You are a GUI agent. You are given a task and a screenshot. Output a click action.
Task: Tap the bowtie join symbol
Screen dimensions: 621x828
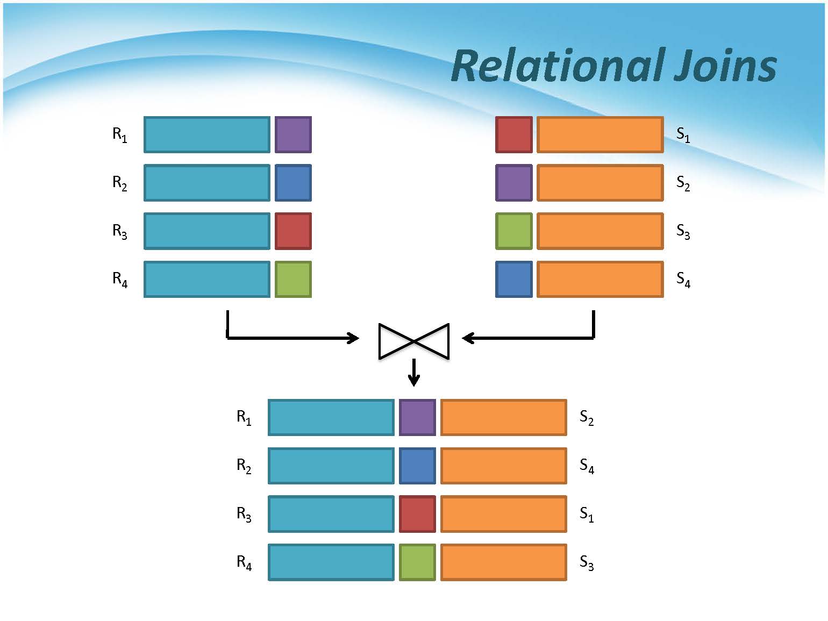click(x=413, y=341)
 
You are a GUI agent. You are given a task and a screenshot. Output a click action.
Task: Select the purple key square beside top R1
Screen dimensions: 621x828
click(x=293, y=134)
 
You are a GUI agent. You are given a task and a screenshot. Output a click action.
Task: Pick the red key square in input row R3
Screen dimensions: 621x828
click(x=293, y=231)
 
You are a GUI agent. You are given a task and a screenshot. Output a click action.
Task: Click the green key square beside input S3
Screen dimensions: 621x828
click(x=514, y=231)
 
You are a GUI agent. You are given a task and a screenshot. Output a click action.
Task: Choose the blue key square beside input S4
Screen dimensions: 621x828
click(x=514, y=279)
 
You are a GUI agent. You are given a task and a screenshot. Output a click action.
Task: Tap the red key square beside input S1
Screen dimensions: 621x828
click(x=514, y=134)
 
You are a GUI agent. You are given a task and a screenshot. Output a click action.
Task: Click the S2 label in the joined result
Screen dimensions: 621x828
click(x=587, y=418)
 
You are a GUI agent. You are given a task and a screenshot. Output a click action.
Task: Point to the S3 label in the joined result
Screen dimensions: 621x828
click(x=587, y=563)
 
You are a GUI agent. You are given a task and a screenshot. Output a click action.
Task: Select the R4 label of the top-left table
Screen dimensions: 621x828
click(x=120, y=279)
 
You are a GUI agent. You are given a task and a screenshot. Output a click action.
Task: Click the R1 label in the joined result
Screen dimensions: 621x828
click(x=244, y=418)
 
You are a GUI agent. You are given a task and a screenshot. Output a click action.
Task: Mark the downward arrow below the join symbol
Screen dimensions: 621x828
click(x=413, y=373)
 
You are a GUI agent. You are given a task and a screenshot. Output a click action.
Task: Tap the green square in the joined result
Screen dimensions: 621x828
click(x=417, y=562)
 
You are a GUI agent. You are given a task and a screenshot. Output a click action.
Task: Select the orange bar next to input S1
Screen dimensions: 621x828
click(x=600, y=134)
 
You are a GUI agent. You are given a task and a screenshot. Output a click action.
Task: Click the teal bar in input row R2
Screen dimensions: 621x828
click(x=207, y=183)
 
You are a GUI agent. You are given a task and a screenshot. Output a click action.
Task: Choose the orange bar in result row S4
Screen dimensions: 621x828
click(x=504, y=466)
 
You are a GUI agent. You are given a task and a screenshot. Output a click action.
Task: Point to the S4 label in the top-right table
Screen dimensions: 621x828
click(x=683, y=279)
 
